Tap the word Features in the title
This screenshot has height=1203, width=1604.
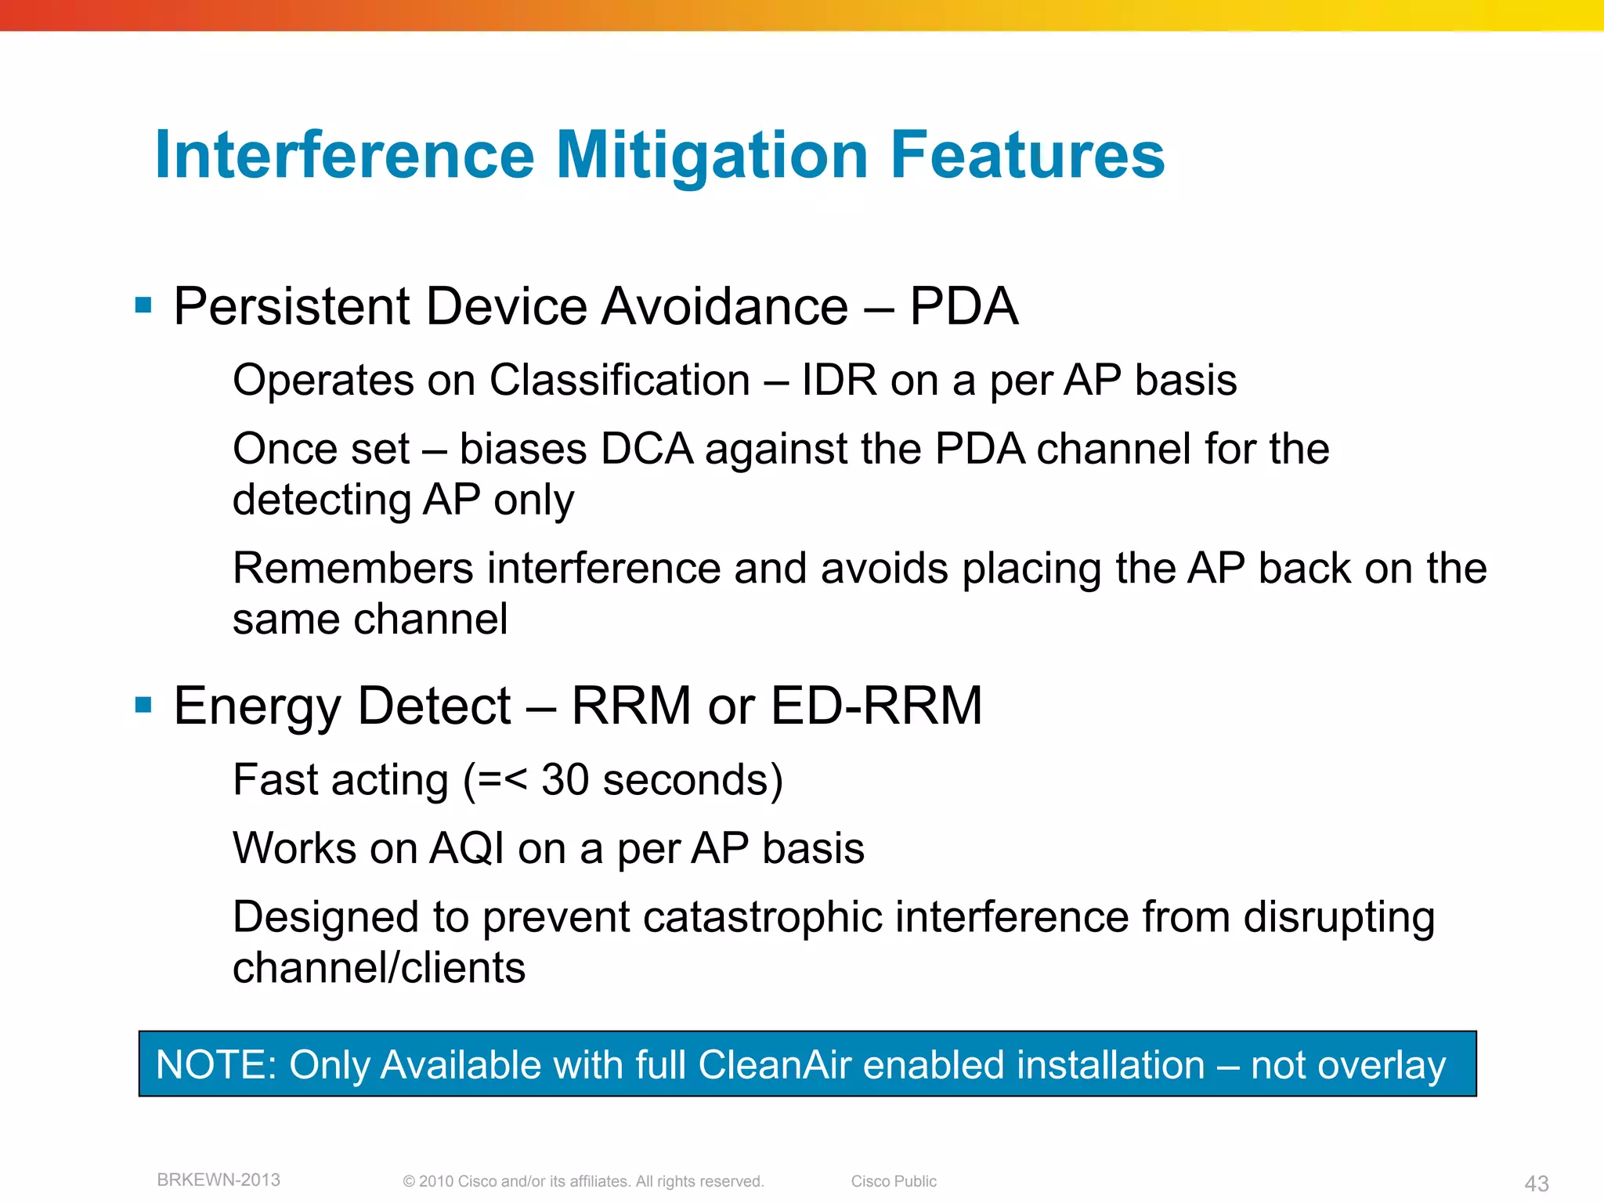[x=1027, y=156]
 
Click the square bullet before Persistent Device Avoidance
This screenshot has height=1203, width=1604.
[x=143, y=305]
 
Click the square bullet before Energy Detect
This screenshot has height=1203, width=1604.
[x=143, y=705]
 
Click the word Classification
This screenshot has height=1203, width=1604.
[x=620, y=381]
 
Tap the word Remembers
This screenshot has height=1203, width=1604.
[x=352, y=569]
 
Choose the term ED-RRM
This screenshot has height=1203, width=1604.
[x=876, y=706]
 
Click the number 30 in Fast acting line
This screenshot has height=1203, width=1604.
[x=565, y=780]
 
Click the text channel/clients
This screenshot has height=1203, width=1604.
[x=379, y=968]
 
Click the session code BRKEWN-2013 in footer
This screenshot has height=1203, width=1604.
[x=219, y=1180]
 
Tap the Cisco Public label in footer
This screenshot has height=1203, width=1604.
[x=894, y=1181]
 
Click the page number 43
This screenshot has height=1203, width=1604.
[x=1536, y=1183]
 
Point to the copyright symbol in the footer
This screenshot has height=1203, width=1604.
[x=409, y=1182]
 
